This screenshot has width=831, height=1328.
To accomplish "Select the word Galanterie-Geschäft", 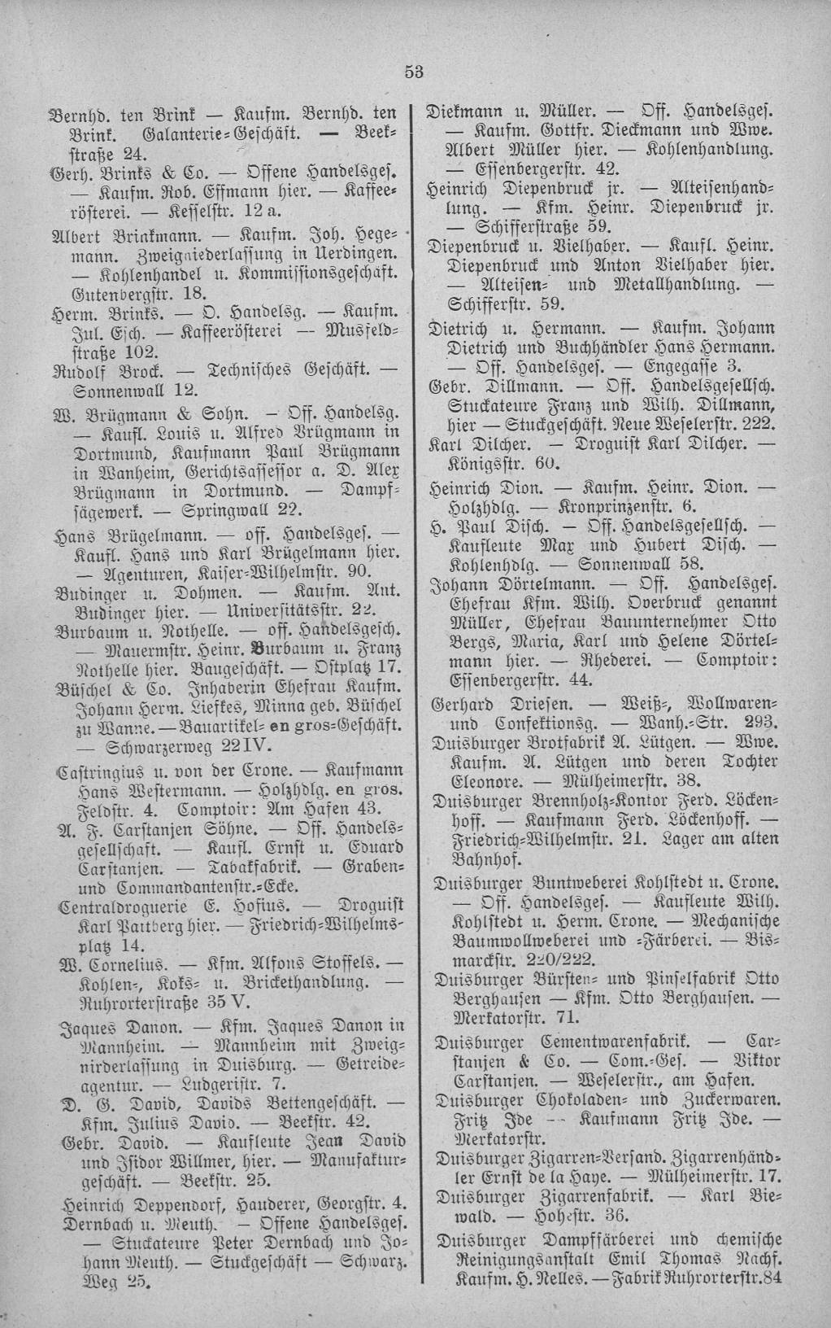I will (x=203, y=132).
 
